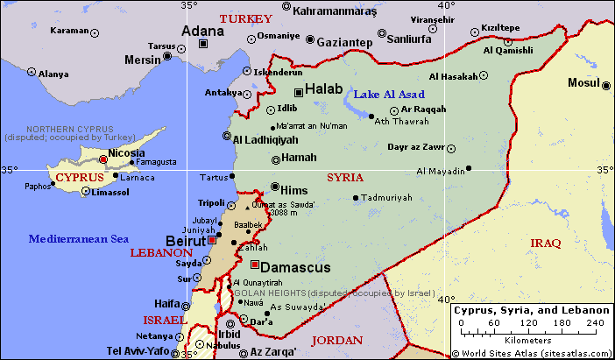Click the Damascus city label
[297, 266]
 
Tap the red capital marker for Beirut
[212, 239]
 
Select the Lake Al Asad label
[390, 94]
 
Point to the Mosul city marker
[606, 85]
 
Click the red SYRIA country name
[344, 177]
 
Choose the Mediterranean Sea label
[78, 238]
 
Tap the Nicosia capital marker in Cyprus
[103, 160]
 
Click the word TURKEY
[245, 18]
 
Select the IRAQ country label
[545, 243]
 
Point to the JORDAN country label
[337, 340]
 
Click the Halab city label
[323, 89]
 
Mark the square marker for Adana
[203, 43]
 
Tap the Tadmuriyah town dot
[356, 198]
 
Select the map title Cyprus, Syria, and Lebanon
[531, 311]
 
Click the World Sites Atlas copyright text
[532, 353]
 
